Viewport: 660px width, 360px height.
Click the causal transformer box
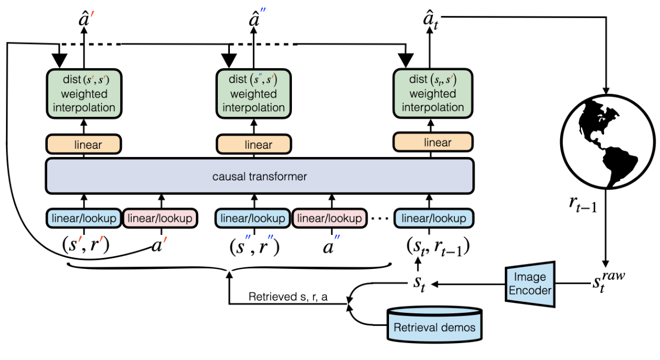[260, 176]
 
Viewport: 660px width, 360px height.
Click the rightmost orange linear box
[433, 143]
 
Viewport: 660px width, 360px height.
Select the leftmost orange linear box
[84, 145]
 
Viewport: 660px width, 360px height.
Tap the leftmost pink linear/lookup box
[160, 218]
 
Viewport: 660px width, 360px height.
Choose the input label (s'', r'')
[255, 246]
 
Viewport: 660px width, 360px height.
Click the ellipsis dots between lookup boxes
[379, 218]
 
